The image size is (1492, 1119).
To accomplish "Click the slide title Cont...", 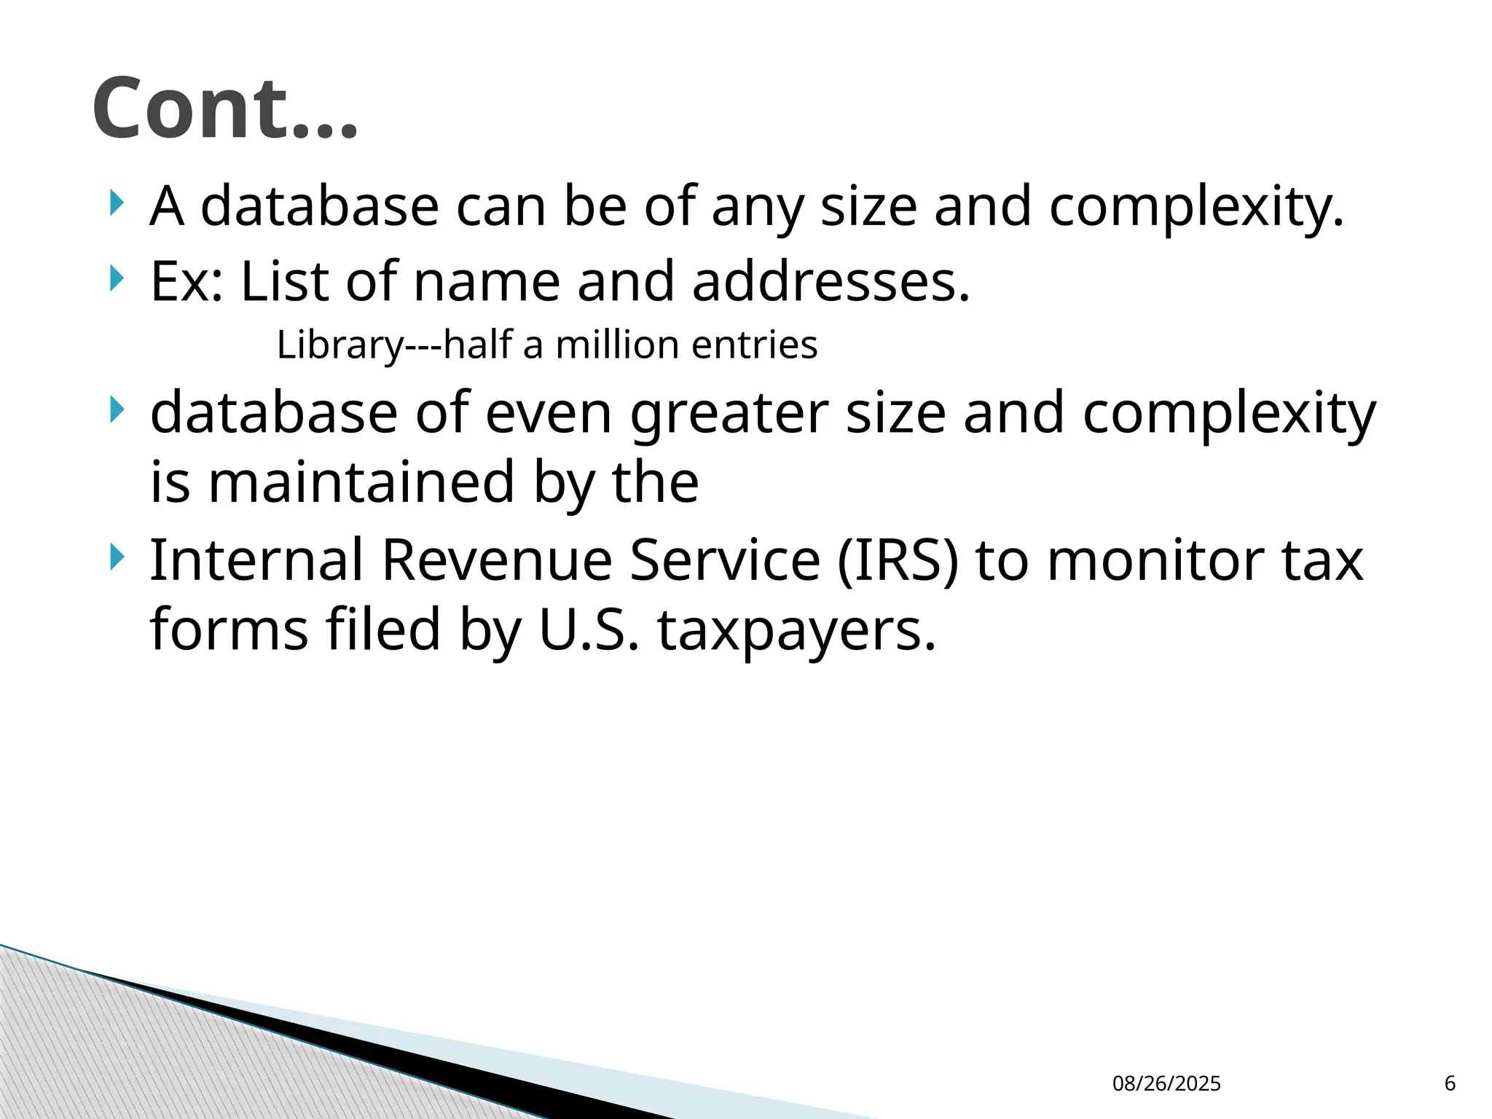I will pyautogui.click(x=225, y=109).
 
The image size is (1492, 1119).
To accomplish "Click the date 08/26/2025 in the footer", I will pyautogui.click(x=1166, y=1083).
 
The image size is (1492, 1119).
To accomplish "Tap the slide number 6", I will pyautogui.click(x=1450, y=1083).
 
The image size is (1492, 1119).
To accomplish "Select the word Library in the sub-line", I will pyautogui.click(x=339, y=345).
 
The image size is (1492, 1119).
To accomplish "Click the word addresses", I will pyautogui.click(x=831, y=281).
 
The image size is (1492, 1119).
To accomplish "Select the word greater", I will pyautogui.click(x=729, y=414).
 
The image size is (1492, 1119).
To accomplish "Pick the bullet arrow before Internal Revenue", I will pyautogui.click(x=116, y=558).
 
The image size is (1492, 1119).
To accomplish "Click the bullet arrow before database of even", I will pyautogui.click(x=116, y=411).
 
